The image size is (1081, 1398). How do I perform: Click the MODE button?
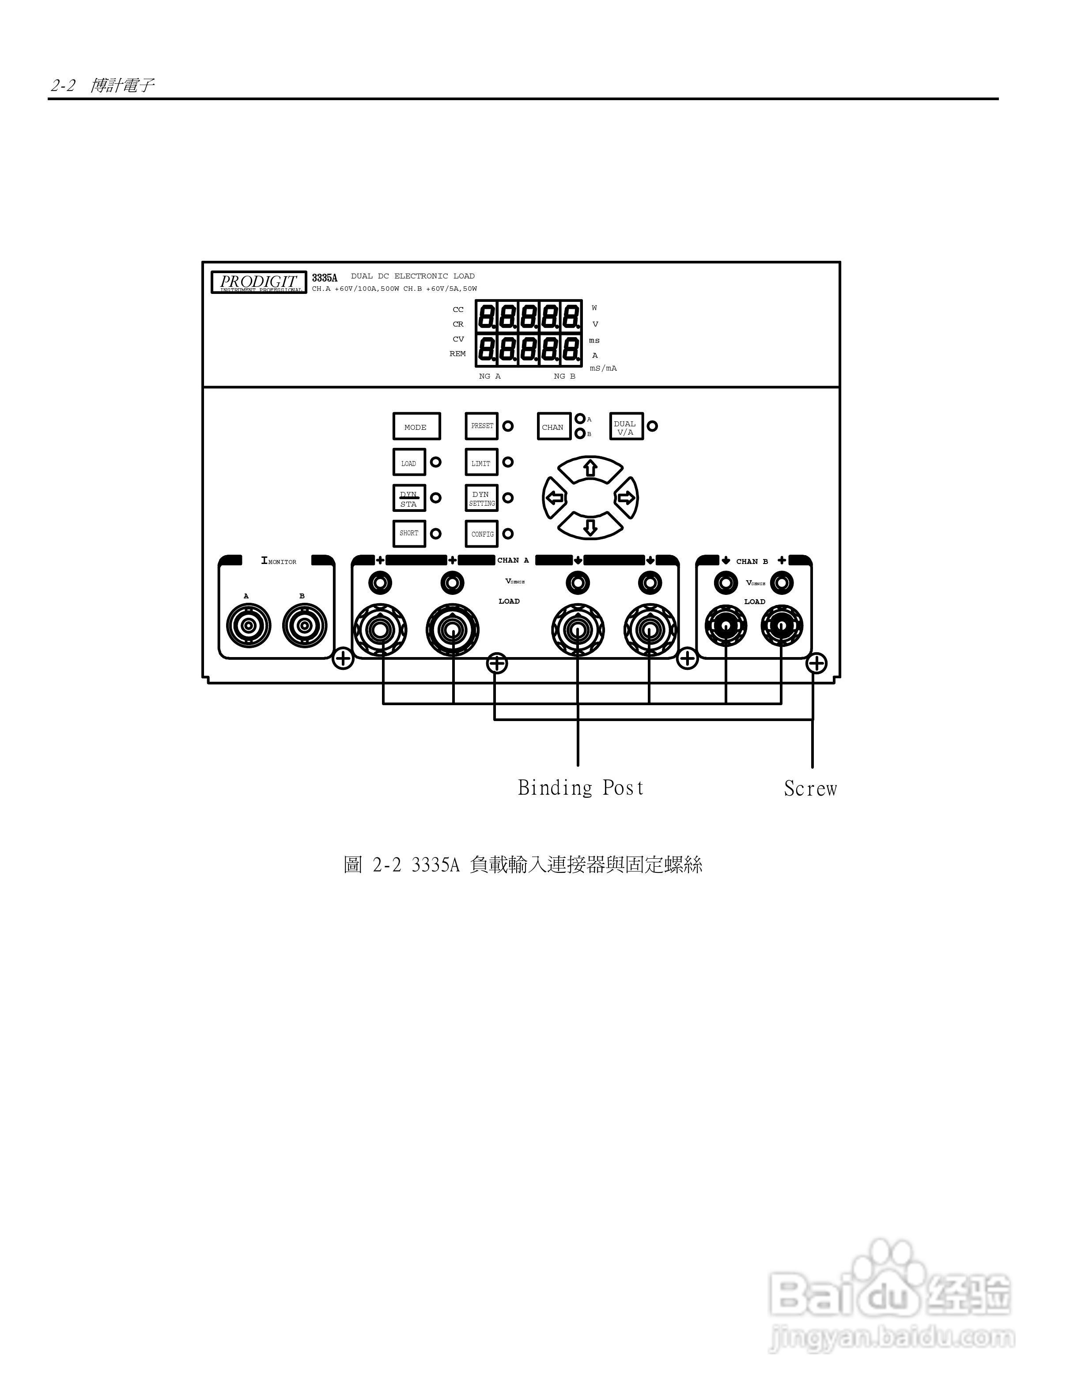[x=416, y=426]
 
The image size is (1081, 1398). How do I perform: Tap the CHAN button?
[x=553, y=426]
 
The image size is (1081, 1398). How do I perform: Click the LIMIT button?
[x=481, y=462]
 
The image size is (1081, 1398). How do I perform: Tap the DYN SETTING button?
[x=481, y=498]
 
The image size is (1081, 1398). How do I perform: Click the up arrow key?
[x=590, y=469]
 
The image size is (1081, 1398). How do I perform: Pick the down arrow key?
[x=590, y=526]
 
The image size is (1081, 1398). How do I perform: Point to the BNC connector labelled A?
[x=249, y=625]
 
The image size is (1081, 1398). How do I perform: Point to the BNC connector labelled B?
[x=305, y=625]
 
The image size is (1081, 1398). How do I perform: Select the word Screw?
[x=810, y=789]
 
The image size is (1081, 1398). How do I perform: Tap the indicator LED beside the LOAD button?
[x=435, y=462]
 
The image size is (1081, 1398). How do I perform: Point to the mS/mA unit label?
[x=603, y=368]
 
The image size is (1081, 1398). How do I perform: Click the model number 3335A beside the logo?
[x=325, y=278]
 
